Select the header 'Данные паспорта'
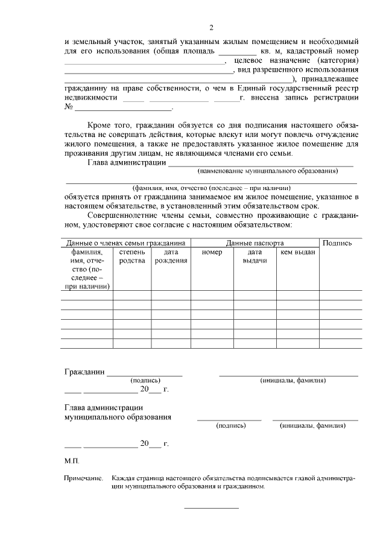255,243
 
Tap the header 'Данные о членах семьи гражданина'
125,243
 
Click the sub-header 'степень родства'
132,256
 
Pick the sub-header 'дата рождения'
171,256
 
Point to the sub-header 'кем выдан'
297,252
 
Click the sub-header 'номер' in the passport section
212,252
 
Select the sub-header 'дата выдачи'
255,256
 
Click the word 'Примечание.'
84,478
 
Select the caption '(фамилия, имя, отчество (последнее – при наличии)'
212,188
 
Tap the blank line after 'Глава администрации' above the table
260,163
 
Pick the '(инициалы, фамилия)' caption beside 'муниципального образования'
312,425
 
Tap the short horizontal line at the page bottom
211,507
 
